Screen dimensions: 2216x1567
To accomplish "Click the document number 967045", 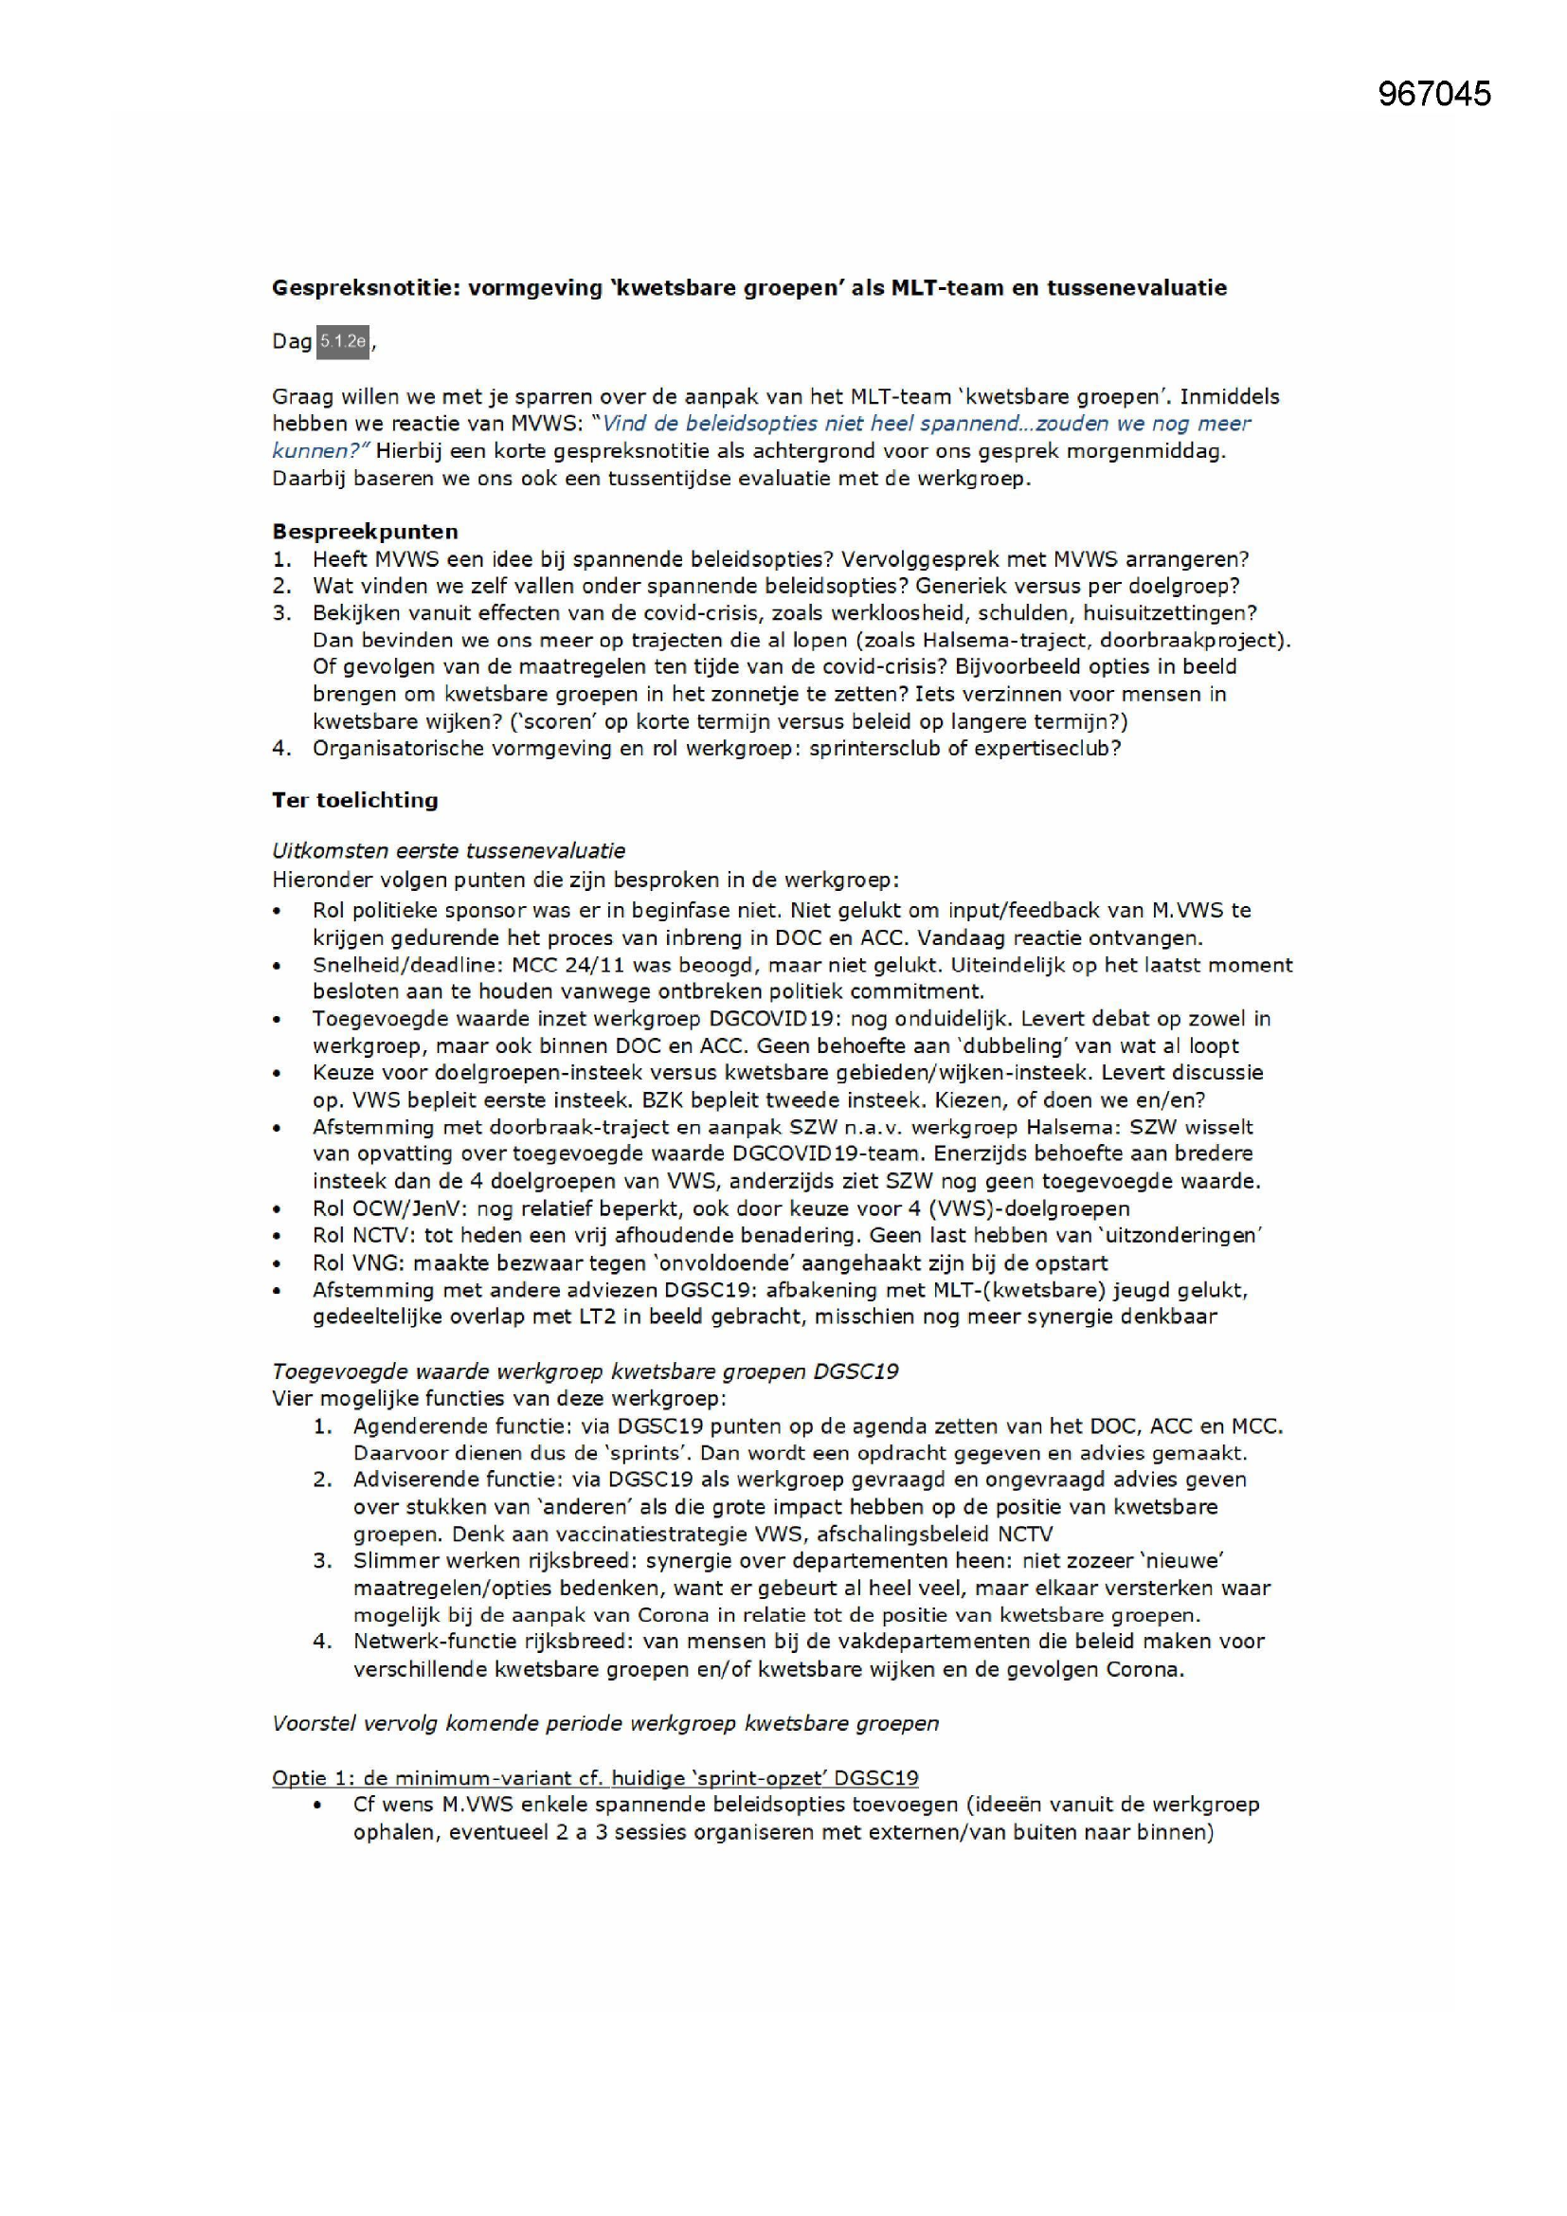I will point(1433,94).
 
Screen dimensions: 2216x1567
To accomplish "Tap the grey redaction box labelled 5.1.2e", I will point(343,340).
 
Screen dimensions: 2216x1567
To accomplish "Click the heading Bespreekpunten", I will point(365,531).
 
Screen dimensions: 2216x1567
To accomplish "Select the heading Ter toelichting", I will point(355,799).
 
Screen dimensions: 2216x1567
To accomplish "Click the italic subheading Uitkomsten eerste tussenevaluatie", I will point(449,850).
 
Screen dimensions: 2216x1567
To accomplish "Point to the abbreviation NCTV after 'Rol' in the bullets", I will point(383,1234).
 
